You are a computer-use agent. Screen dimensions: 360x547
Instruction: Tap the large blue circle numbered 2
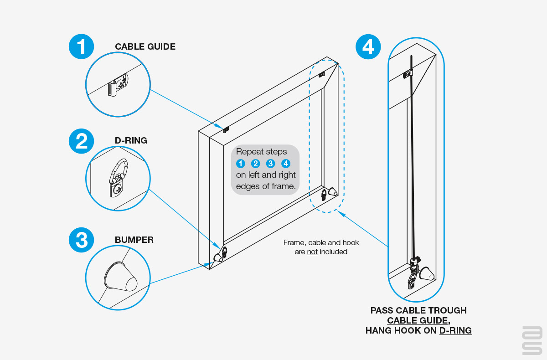point(81,141)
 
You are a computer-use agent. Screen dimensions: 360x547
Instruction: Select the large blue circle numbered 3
point(81,240)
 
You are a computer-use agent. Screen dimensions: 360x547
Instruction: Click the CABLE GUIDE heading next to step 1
point(145,47)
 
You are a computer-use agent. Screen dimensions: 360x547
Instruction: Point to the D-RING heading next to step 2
point(131,140)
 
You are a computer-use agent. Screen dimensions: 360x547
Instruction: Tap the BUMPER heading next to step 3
point(134,240)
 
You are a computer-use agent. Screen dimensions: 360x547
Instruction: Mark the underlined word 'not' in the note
point(312,252)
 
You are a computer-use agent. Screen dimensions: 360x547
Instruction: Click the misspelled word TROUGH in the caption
point(445,311)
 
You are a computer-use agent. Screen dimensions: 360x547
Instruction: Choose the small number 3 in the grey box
point(271,164)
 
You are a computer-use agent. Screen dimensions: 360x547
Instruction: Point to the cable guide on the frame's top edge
point(226,129)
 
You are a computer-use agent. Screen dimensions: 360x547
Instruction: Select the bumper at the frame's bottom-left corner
point(218,257)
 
